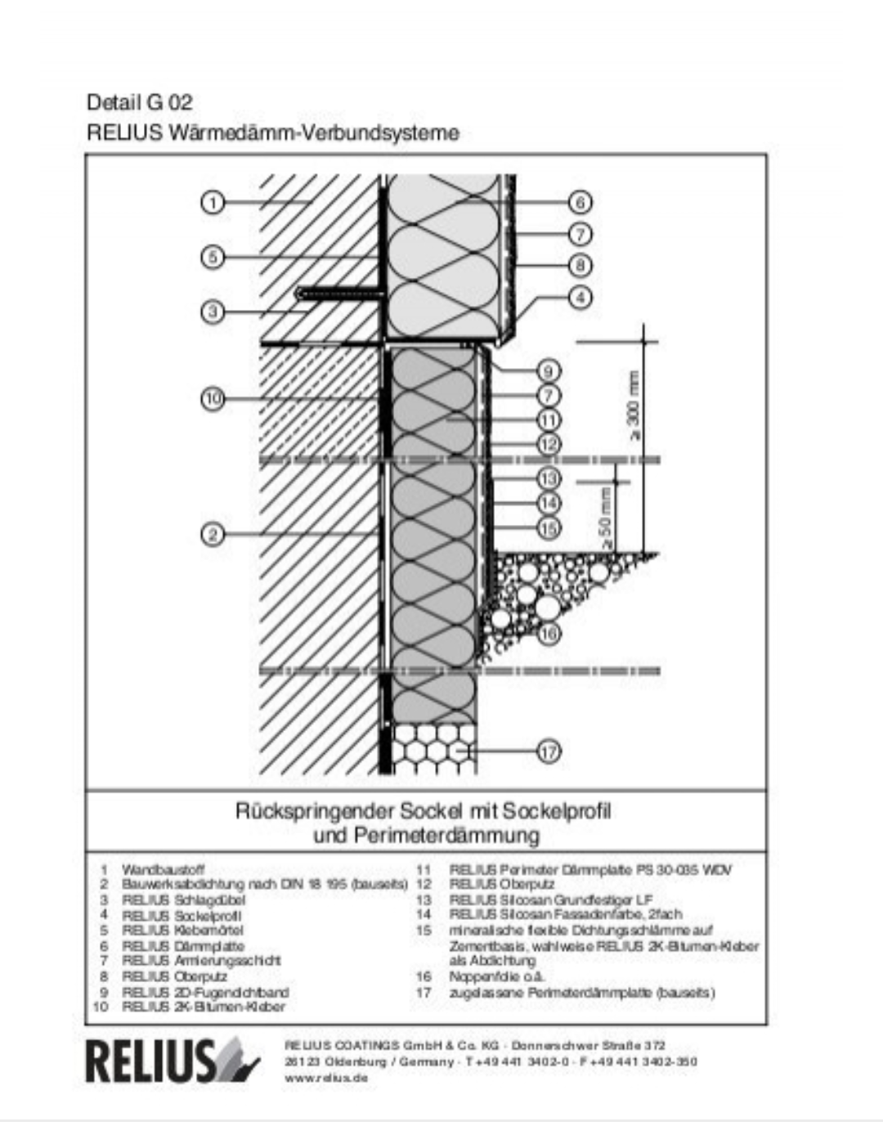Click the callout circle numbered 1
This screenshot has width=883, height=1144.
213,202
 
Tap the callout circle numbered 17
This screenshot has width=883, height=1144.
549,751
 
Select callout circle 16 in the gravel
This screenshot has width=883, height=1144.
549,633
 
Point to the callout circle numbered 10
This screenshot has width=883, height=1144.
213,399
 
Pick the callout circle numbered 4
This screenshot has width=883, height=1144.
580,297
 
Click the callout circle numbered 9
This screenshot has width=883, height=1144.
549,371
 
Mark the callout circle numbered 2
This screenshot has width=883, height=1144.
213,535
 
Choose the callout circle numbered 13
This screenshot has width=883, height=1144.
549,478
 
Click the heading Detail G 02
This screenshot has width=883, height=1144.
140,103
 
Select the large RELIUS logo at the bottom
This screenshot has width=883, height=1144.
172,1061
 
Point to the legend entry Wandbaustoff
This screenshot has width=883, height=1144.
163,869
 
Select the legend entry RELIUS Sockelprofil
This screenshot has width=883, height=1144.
182,916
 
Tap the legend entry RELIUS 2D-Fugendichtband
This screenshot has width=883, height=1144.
204,992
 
